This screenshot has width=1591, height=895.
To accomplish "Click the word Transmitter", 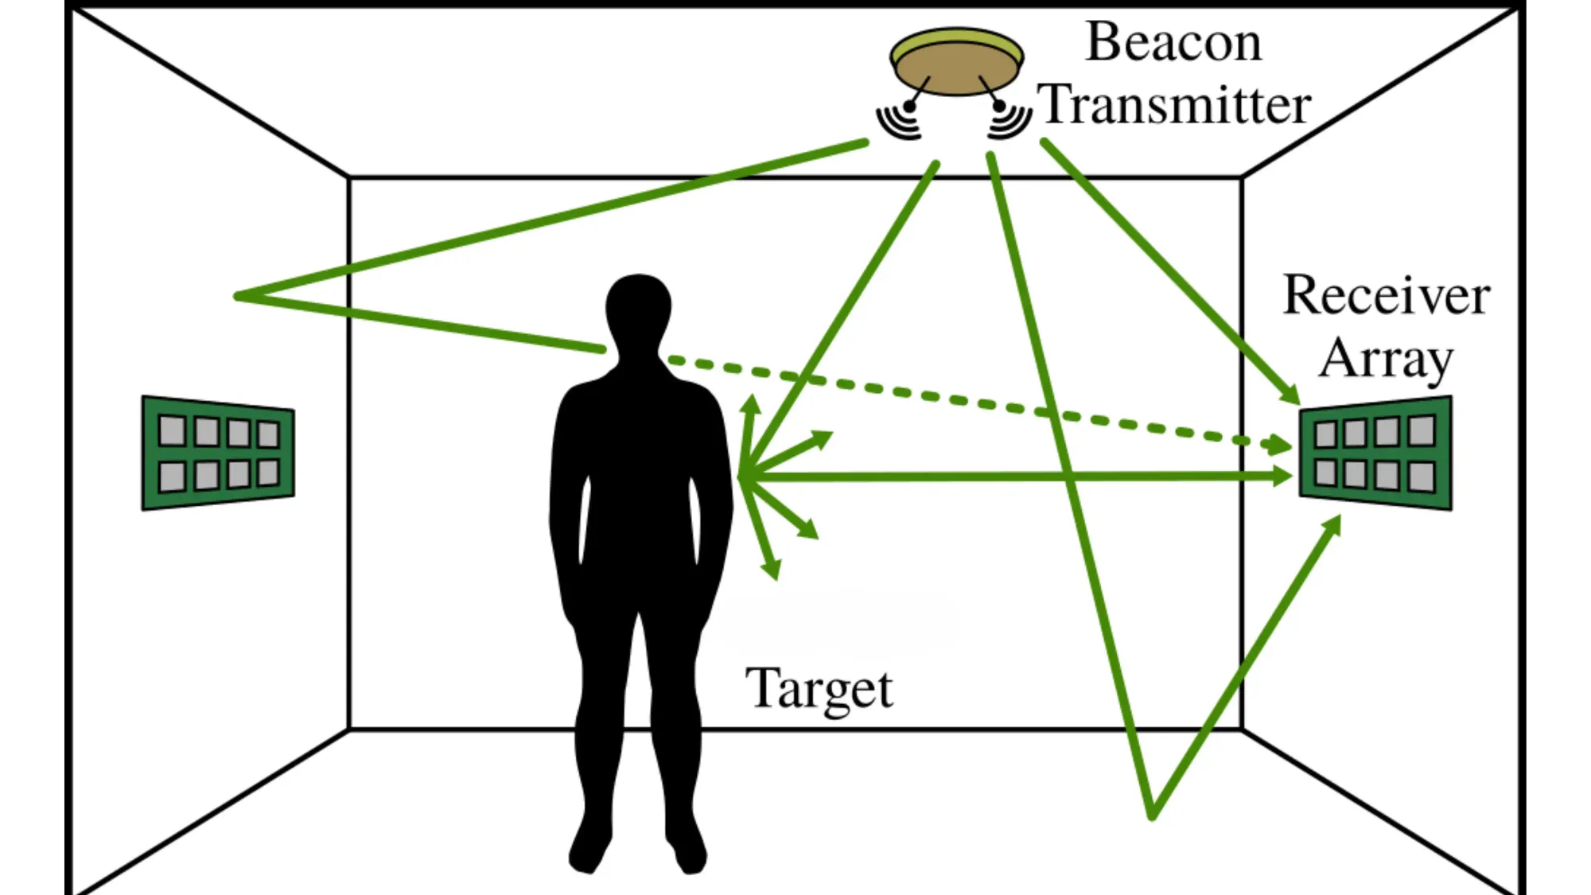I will (x=1176, y=105).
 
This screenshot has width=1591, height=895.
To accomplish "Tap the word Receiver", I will (x=1386, y=296).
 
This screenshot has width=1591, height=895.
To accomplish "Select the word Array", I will (x=1386, y=360).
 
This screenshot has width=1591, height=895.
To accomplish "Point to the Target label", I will (x=819, y=689).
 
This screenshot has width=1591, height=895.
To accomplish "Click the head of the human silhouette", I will (x=638, y=310).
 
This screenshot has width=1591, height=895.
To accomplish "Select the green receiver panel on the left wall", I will (x=218, y=453).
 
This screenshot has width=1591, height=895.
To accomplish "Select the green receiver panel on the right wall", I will (x=1375, y=453).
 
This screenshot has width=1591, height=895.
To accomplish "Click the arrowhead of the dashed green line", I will (x=1280, y=445).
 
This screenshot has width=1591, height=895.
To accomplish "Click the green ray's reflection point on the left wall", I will (x=237, y=296).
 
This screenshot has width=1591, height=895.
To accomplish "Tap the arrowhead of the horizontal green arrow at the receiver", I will (x=1282, y=477).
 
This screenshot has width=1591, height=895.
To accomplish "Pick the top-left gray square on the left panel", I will (x=172, y=430).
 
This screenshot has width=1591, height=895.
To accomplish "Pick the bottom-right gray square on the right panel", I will (x=1422, y=477).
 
